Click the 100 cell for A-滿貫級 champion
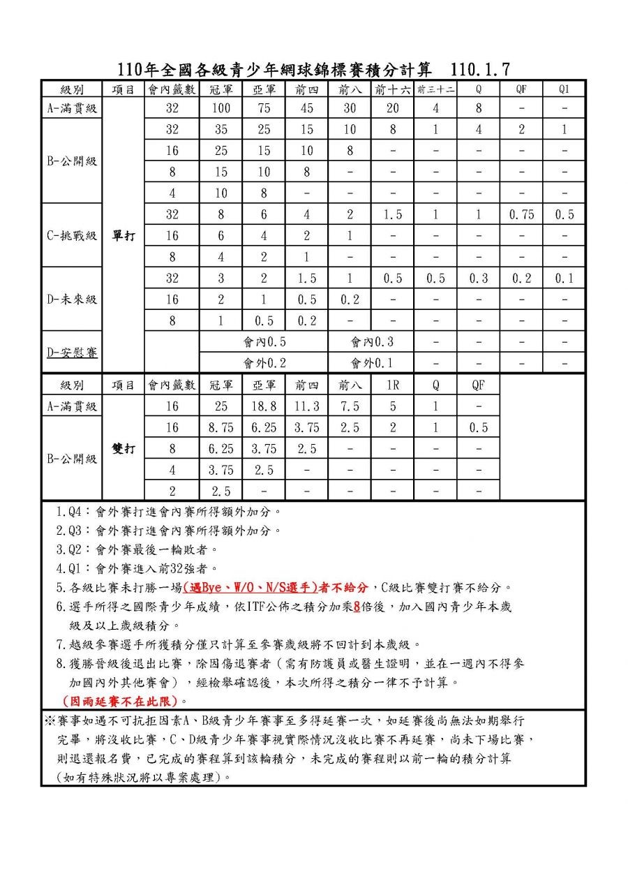click(220, 108)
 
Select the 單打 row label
click(124, 235)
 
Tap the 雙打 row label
click(124, 448)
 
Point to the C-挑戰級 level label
click(72, 235)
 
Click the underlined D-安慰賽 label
click(72, 352)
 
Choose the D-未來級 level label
click(72, 299)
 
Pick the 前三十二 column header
click(435, 89)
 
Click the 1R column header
click(392, 385)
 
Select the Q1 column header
click(564, 89)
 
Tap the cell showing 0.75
click(521, 214)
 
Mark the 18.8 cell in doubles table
click(264, 406)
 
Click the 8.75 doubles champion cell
click(220, 427)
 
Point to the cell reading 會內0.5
click(264, 342)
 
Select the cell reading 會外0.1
click(371, 363)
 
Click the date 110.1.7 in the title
click(481, 69)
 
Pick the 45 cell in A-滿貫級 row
click(306, 108)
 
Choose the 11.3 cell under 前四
click(306, 406)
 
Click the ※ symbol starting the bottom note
click(50, 719)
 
